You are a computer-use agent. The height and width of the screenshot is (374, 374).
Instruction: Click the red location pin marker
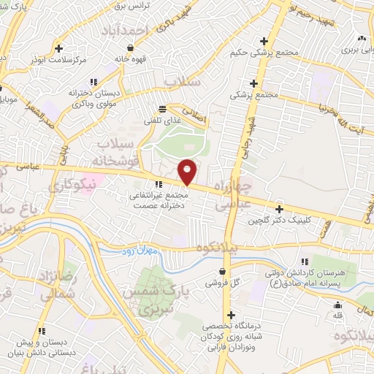(x=188, y=171)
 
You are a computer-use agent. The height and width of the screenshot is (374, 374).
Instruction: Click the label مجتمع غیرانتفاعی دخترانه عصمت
(x=159, y=200)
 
